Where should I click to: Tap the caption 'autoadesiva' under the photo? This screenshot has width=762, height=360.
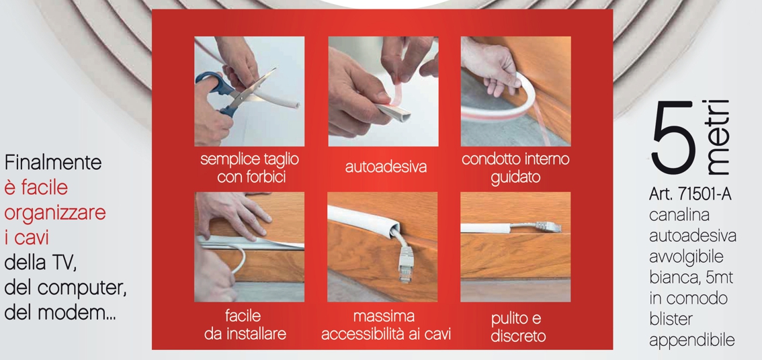386,167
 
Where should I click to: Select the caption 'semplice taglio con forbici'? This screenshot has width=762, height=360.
249,168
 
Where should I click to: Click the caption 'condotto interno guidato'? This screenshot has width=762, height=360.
515,168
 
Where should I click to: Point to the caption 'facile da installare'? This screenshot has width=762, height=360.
245,325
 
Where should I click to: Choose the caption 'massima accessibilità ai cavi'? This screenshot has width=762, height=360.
386,325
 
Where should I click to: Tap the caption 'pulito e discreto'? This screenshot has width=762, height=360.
517,328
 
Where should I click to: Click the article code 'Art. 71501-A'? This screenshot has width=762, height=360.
690,194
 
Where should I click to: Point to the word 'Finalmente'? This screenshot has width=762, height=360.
53,163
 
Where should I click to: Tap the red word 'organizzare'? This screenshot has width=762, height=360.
55,214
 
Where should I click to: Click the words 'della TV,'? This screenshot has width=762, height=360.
40,264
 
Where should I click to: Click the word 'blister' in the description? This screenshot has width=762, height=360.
670,319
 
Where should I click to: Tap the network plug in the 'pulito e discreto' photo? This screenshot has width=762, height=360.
548,226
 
